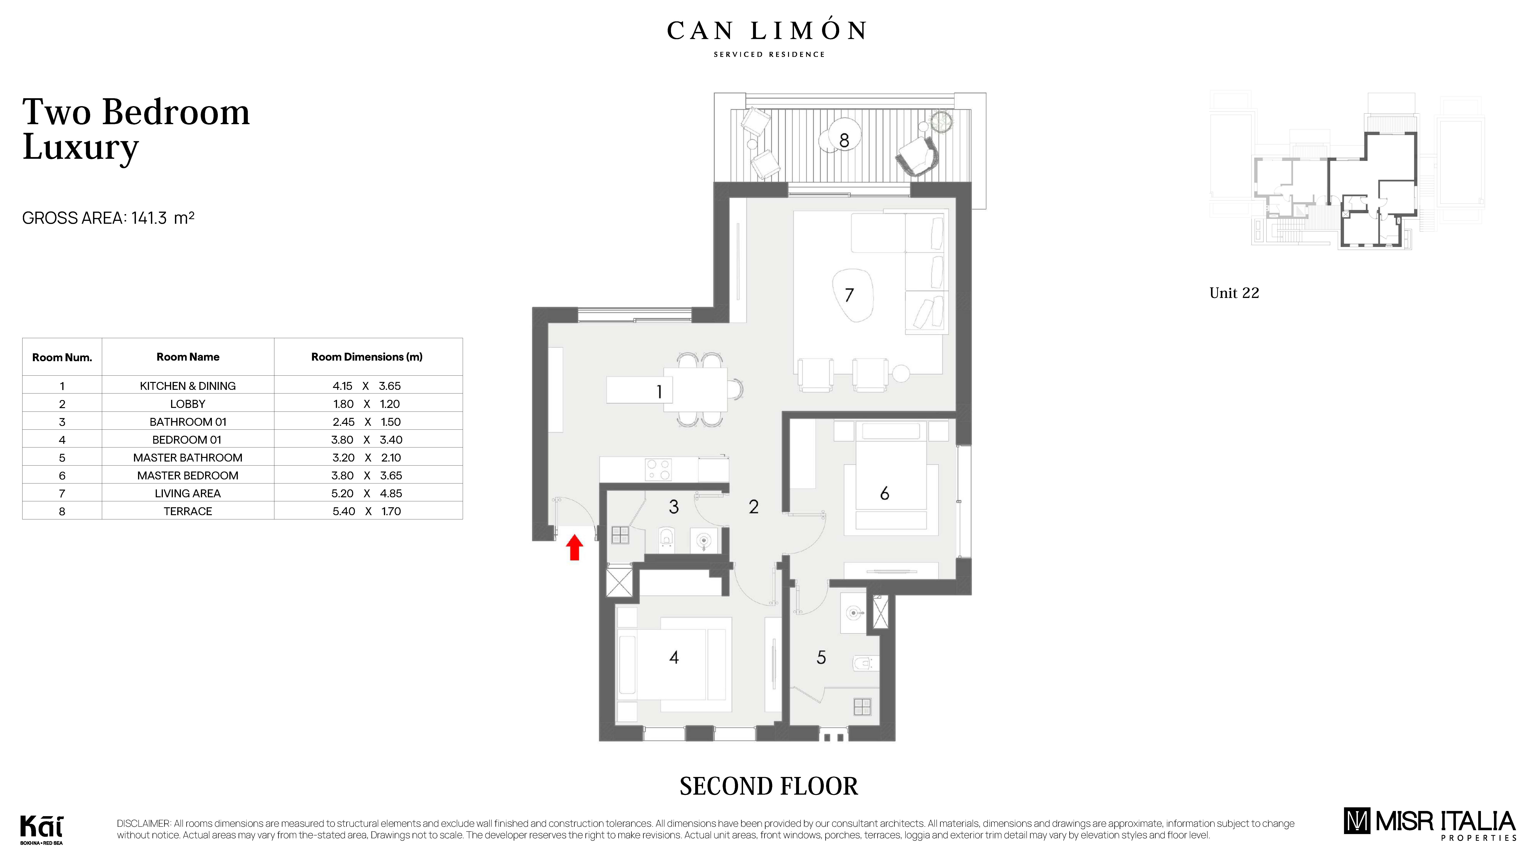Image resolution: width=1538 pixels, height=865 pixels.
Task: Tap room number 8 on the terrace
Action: pos(844,141)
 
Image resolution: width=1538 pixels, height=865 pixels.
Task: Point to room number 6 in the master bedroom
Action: pos(884,493)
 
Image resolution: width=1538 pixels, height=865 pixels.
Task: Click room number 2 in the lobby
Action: pos(753,507)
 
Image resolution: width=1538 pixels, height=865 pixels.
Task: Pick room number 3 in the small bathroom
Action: pos(673,507)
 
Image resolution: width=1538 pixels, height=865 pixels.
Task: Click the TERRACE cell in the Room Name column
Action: pos(187,511)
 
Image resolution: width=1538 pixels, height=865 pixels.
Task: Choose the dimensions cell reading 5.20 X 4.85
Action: pos(367,493)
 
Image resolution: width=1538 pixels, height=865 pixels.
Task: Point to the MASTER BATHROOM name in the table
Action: pos(187,457)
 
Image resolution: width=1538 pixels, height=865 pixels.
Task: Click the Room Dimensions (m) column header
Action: pos(367,357)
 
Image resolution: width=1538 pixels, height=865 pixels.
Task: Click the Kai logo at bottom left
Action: pos(41,829)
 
